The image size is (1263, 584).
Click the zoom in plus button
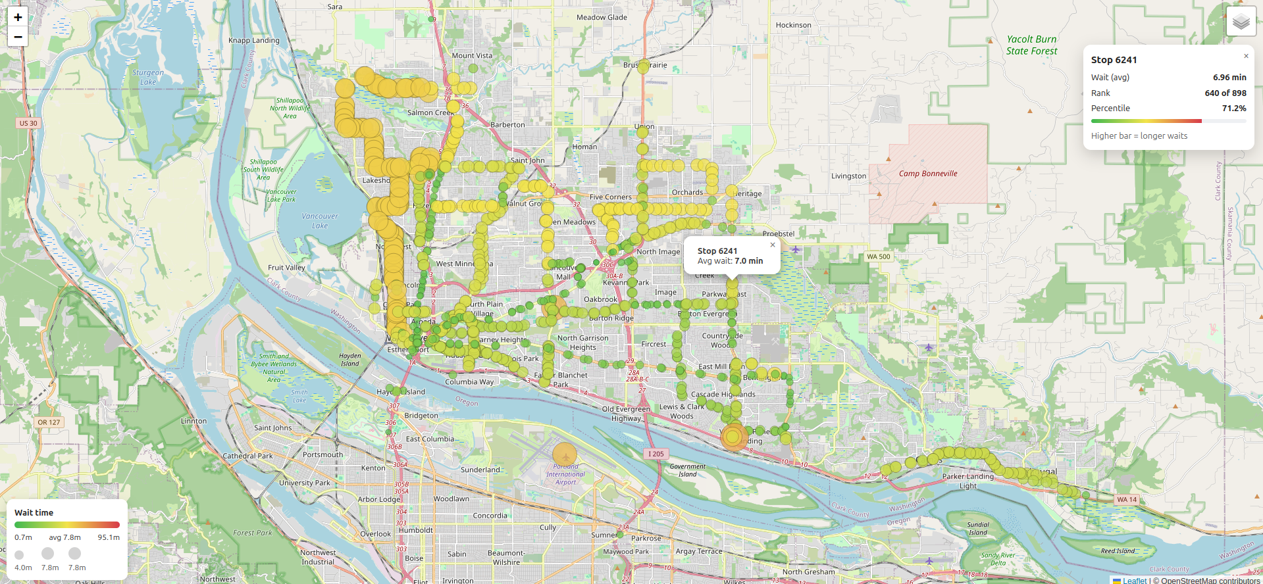[x=18, y=18]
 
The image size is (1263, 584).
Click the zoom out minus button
[x=18, y=37]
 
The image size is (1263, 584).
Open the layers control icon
[x=1241, y=22]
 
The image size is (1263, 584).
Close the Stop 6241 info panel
[x=1246, y=56]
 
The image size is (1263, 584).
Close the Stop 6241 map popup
[x=773, y=245]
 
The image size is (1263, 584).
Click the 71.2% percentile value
[x=1234, y=108]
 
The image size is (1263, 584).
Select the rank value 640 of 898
[x=1225, y=93]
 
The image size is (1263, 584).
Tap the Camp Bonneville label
[x=928, y=174]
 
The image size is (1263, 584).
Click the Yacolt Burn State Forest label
[x=1031, y=45]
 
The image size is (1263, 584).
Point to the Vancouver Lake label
[x=320, y=220]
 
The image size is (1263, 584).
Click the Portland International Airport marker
[x=565, y=454]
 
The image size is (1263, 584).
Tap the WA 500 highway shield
[x=878, y=256]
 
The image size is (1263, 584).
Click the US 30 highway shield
[x=28, y=123]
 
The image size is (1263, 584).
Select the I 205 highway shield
[x=656, y=454]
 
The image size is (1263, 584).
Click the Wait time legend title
[x=34, y=512]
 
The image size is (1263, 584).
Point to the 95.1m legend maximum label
[x=109, y=537]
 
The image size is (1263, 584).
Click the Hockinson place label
[x=793, y=25]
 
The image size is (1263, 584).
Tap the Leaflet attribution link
[x=1134, y=580]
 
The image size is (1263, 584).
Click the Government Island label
[x=687, y=470]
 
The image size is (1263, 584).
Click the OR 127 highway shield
[x=49, y=422]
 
